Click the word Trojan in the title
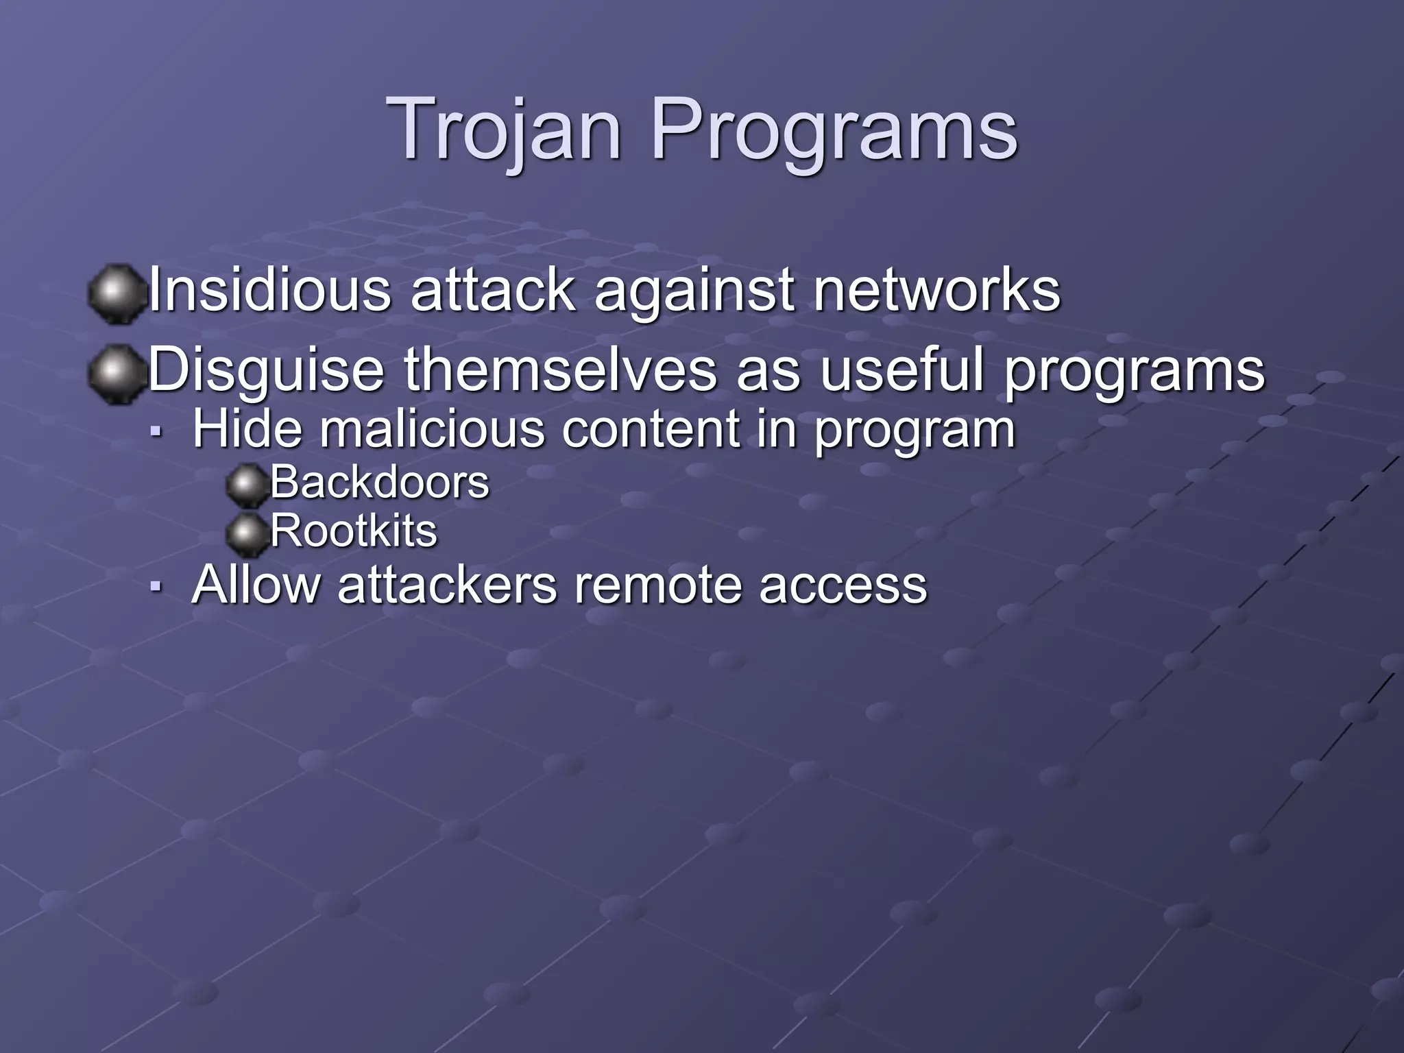click(505, 130)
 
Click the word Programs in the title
click(834, 130)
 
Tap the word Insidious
click(269, 290)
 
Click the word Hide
click(247, 429)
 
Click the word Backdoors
click(380, 482)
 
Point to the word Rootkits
click(354, 531)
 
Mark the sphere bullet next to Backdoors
click(246, 485)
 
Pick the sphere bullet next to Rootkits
click(246, 534)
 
